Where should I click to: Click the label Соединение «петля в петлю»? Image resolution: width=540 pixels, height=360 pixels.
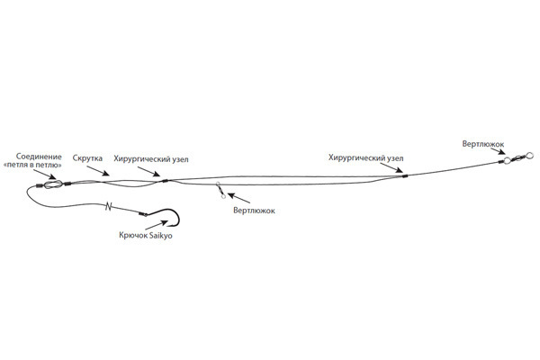[x=32, y=161]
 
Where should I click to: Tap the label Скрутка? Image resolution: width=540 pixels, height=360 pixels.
[x=87, y=158]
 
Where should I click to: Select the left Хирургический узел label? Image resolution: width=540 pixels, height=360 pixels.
[x=151, y=159]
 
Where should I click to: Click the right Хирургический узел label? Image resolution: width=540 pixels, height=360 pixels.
[x=365, y=158]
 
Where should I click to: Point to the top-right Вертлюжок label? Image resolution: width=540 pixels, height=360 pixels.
[x=483, y=144]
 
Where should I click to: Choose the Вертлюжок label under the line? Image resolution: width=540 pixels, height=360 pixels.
[x=254, y=210]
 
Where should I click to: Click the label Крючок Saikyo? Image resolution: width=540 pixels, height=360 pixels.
[x=146, y=235]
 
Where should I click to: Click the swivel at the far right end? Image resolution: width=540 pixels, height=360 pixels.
[x=517, y=158]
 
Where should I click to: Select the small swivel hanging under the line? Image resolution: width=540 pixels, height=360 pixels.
[x=220, y=191]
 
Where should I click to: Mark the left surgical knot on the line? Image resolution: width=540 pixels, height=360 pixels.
[x=165, y=181]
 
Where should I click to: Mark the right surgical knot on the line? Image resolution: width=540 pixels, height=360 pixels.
[x=405, y=176]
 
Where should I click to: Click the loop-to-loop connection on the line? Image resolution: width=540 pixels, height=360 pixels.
[x=53, y=184]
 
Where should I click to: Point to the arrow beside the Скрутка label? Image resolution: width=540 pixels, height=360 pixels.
[x=98, y=171]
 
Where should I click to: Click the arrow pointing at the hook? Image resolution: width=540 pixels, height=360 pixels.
[x=157, y=225]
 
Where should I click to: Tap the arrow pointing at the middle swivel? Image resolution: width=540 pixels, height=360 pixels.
[x=238, y=198]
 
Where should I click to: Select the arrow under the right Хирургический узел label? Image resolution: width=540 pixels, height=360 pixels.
[x=391, y=167]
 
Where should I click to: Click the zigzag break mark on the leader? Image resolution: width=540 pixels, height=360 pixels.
[x=109, y=206]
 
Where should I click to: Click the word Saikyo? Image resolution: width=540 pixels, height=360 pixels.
[x=160, y=235]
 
